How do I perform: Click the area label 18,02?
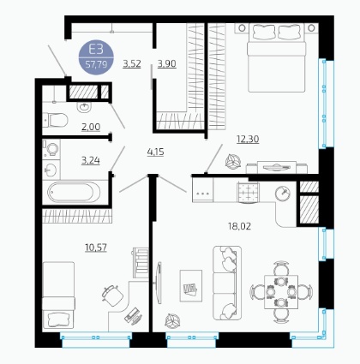coord(239,226)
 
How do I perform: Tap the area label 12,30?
coord(248,139)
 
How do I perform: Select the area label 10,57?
coord(96,248)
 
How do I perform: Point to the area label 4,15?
coord(155,152)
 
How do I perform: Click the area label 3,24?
coord(91,160)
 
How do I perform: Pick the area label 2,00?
coord(91,127)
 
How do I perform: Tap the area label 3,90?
coord(167,63)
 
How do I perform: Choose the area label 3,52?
coord(132,63)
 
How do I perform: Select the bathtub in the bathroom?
coord(74,192)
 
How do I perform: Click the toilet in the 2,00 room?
coord(56,120)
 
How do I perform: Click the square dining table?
coord(281,292)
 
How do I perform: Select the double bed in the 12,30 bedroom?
coord(276,57)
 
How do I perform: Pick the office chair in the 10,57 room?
coord(112,295)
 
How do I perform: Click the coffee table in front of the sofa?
coord(191,286)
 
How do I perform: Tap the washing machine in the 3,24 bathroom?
coord(51,149)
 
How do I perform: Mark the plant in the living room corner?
coord(173,321)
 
